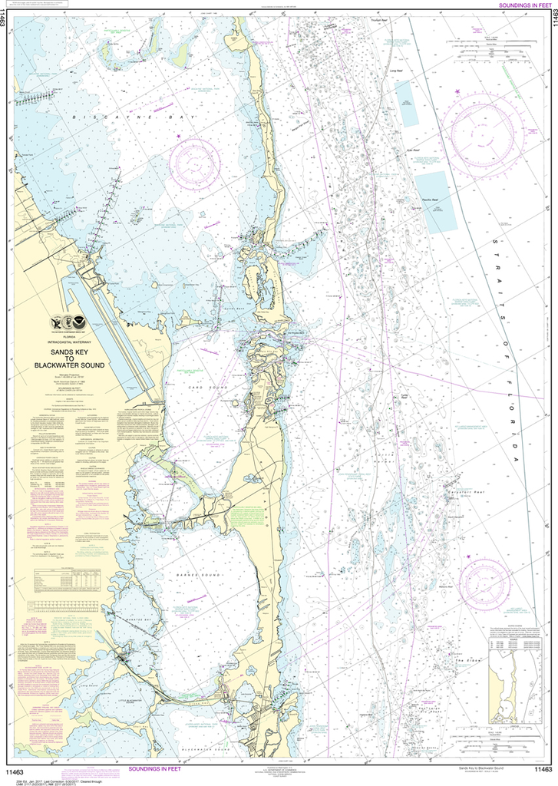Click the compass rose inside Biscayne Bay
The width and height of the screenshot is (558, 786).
(195, 162)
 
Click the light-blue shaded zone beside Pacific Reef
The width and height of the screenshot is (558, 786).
(434, 203)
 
